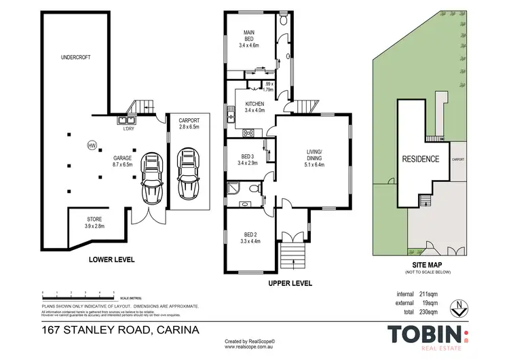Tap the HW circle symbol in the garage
tap(92, 145)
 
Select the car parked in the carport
tap(186, 172)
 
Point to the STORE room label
tap(94, 222)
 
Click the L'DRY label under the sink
tap(128, 129)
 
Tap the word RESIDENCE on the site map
tap(421, 159)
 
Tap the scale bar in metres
tap(78, 293)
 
